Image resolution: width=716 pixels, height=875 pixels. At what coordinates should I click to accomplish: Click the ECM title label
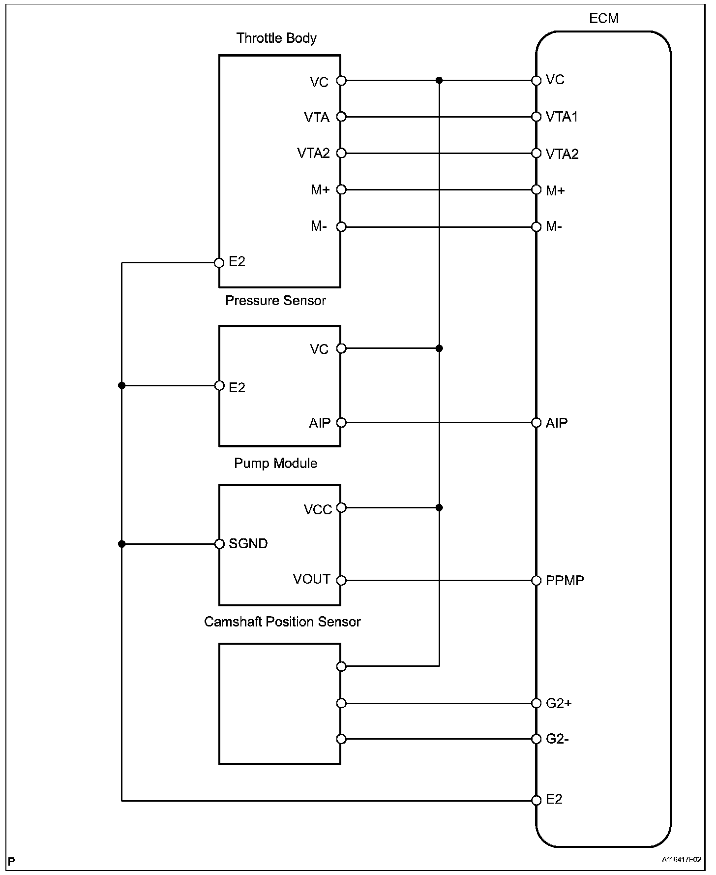point(604,18)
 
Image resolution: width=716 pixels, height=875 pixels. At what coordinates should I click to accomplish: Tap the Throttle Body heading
point(276,38)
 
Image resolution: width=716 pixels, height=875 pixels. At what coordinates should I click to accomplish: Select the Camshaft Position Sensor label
point(282,622)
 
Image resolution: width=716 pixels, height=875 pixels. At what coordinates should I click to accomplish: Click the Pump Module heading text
point(275,463)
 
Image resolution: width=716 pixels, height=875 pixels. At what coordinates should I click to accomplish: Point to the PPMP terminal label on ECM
point(565,580)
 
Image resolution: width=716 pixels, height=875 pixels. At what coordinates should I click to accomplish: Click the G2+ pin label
point(559,703)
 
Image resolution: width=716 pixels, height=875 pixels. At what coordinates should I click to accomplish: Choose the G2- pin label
point(557,739)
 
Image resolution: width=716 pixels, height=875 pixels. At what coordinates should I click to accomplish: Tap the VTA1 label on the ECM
point(562,117)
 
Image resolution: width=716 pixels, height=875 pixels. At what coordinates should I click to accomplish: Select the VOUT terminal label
point(311,579)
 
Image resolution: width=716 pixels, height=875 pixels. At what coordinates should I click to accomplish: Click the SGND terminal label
point(248,544)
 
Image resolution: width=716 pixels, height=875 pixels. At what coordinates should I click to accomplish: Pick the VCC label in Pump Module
point(318,509)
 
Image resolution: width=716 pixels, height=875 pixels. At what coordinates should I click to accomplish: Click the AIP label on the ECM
point(556,423)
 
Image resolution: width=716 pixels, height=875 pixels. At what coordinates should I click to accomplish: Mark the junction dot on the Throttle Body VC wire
point(439,80)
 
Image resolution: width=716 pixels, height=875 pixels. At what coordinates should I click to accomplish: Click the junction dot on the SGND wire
point(122,544)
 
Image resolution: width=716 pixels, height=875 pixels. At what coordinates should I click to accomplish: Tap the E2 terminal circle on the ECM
point(537,800)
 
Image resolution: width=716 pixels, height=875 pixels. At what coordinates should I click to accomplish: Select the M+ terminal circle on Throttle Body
point(341,190)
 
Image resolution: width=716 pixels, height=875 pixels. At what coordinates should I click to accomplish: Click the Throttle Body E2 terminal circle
point(219,263)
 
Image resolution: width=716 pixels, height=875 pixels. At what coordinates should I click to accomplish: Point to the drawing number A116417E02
point(681,860)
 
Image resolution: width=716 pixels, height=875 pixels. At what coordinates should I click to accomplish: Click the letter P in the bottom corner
point(12,861)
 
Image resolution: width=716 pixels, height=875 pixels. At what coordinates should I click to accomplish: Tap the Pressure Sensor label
point(275,300)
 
